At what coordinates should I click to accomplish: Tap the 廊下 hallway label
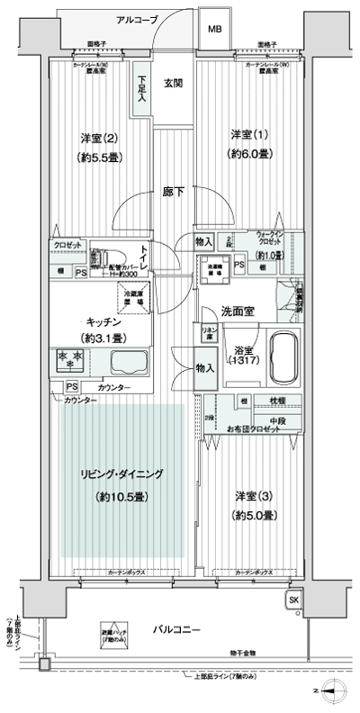tap(174, 192)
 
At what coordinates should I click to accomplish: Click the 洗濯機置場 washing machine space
tap(216, 267)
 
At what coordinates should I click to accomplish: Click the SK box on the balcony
tap(294, 601)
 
